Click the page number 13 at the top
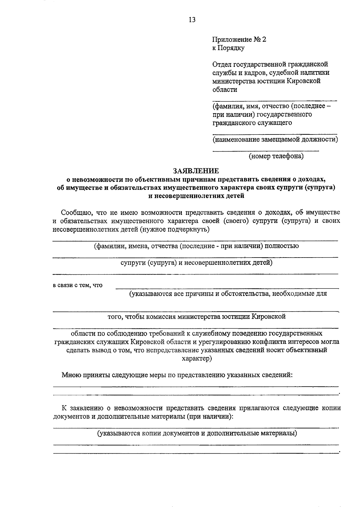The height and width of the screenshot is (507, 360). tap(192, 20)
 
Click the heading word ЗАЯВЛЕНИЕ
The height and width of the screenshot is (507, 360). tap(196, 171)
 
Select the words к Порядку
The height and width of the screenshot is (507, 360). tap(228, 48)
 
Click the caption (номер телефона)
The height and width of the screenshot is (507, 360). tap(276, 156)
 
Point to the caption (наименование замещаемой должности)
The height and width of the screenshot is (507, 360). tap(275, 139)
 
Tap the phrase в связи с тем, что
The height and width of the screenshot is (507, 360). tap(78, 285)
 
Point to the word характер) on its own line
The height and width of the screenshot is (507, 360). tap(197, 359)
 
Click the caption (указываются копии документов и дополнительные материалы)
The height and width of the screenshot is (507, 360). tap(197, 433)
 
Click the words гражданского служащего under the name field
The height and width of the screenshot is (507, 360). tap(252, 123)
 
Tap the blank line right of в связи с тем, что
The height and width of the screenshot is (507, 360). tap(227, 288)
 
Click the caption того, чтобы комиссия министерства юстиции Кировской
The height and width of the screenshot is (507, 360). tap(196, 316)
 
